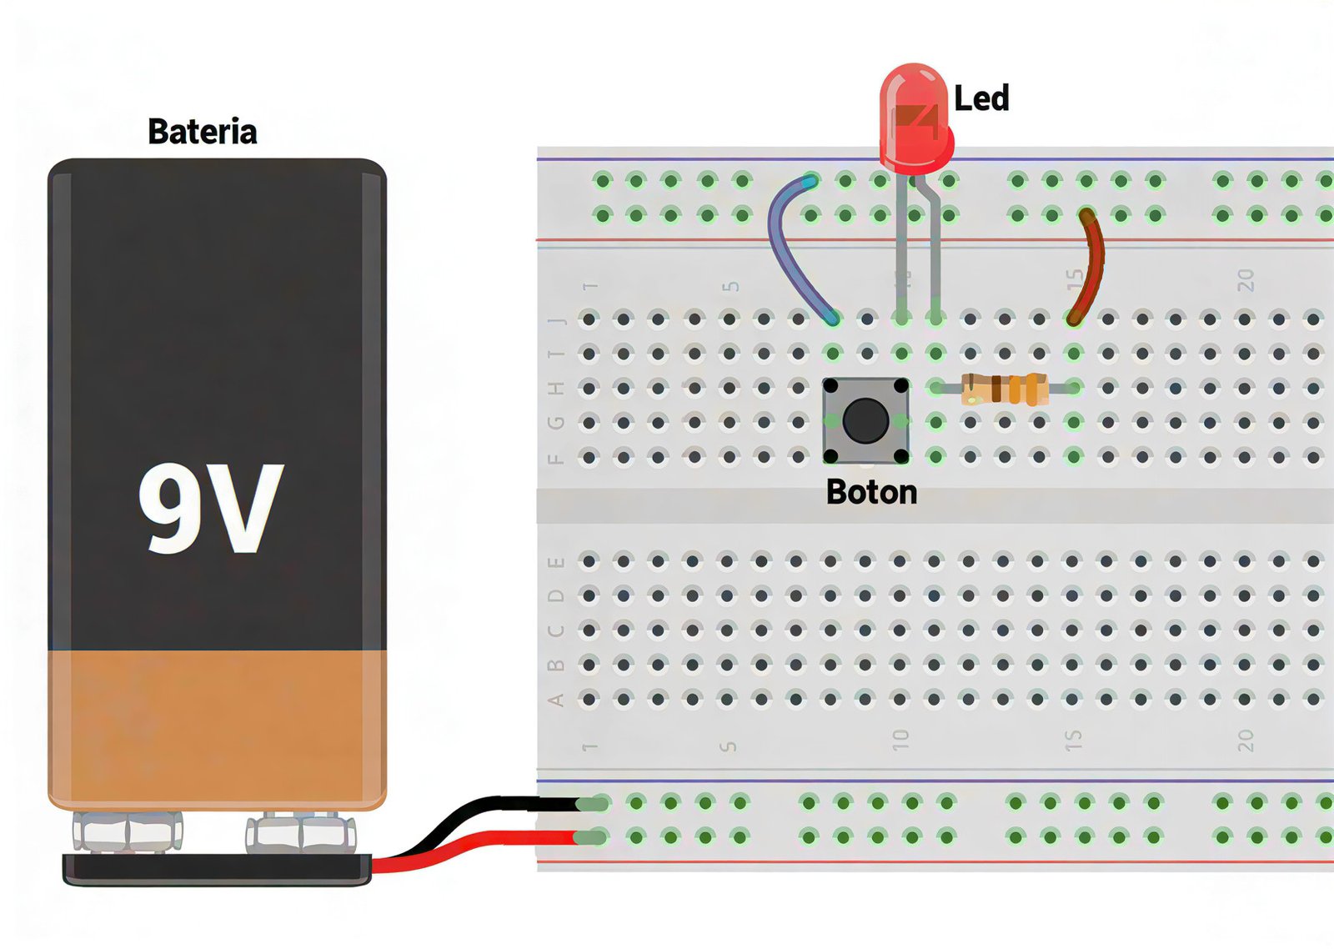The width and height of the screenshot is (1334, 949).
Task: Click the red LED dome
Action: [915, 117]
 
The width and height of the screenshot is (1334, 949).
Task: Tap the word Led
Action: [981, 98]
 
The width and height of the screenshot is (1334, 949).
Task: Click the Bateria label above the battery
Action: [202, 132]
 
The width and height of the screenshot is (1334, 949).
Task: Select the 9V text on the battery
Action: [211, 508]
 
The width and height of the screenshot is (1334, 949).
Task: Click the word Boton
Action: [871, 492]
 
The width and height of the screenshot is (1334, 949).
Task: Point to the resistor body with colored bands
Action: [1005, 389]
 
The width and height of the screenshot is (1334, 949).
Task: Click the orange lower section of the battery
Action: [217, 726]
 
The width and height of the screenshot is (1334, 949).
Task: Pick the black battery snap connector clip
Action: [217, 869]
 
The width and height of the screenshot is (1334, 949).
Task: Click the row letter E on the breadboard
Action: [556, 562]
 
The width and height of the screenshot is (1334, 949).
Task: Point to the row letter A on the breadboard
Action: [556, 700]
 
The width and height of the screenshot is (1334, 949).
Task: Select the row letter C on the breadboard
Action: [556, 630]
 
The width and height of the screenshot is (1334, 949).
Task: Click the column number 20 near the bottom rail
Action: [1245, 740]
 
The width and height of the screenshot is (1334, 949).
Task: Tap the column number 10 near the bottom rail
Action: [900, 740]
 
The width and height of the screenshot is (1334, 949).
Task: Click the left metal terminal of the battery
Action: [128, 831]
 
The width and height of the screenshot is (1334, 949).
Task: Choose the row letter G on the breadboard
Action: [556, 423]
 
